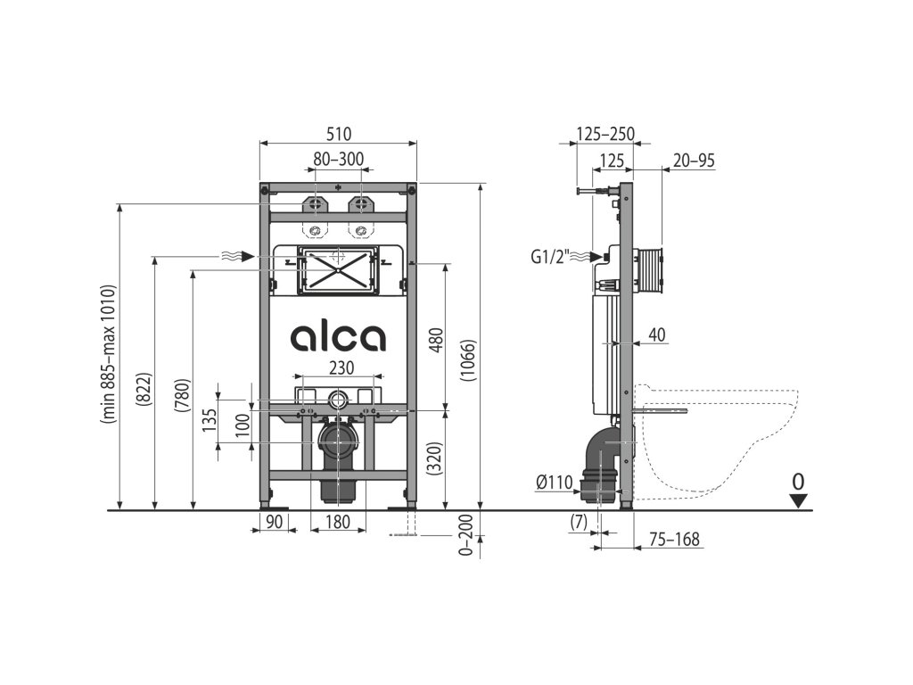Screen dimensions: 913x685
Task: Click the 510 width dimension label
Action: (x=338, y=134)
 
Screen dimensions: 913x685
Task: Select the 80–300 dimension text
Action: (x=338, y=159)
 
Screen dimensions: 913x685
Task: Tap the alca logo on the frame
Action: (x=338, y=336)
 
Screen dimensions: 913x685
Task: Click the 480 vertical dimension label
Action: (x=437, y=341)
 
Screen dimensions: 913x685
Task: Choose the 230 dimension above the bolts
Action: (x=341, y=368)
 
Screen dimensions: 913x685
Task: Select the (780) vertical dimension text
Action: (x=182, y=395)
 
